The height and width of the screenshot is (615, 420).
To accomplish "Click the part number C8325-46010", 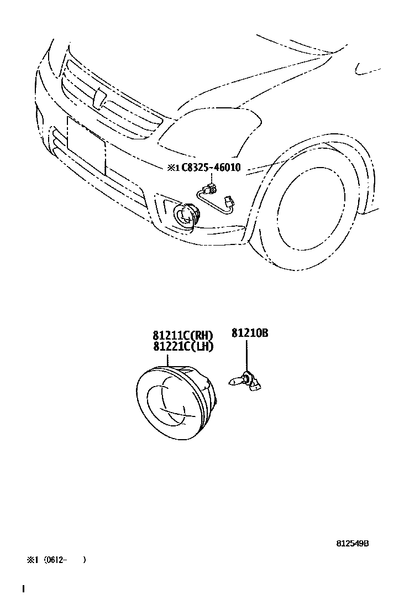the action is tap(211, 167).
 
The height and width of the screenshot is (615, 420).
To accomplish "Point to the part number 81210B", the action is tap(249, 333).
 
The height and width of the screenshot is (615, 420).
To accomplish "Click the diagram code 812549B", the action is tap(352, 543).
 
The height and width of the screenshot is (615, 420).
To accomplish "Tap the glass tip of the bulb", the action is tap(235, 381).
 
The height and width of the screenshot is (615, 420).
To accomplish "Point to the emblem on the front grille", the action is tap(100, 98).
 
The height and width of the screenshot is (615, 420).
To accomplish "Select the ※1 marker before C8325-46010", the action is tap(173, 168).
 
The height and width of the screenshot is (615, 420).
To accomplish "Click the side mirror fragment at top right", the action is tap(367, 70).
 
